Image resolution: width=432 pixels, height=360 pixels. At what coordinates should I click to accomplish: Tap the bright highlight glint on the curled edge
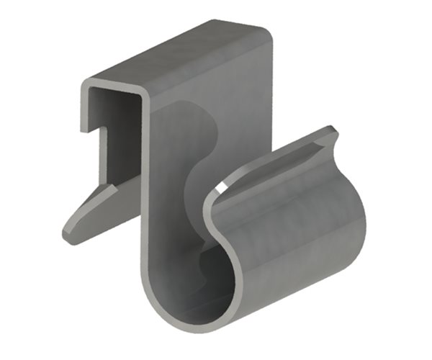(220, 189)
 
